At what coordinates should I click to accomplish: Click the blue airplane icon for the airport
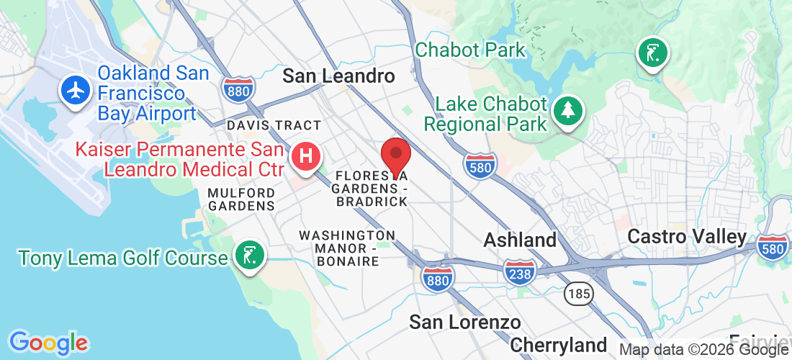pos(75,91)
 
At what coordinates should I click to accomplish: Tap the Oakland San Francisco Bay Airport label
pos(147,94)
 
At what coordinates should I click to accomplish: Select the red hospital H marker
pos(305,155)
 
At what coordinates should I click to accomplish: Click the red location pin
pos(395,154)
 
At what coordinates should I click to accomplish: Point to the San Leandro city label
pos(338,76)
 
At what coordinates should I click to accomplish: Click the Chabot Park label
pos(471,50)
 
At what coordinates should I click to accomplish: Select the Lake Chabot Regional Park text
pos(485,114)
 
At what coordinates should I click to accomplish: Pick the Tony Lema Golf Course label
pos(122,257)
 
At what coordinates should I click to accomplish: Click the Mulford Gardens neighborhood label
pos(241,199)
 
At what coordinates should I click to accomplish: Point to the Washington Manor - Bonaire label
pos(347,248)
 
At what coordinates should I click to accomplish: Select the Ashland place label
pos(520,240)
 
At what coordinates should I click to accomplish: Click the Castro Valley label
pos(687,236)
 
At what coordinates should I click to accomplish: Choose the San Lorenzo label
pos(465,322)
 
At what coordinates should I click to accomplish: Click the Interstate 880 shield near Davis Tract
pos(236,90)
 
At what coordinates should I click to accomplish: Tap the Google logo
pos(48,343)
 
